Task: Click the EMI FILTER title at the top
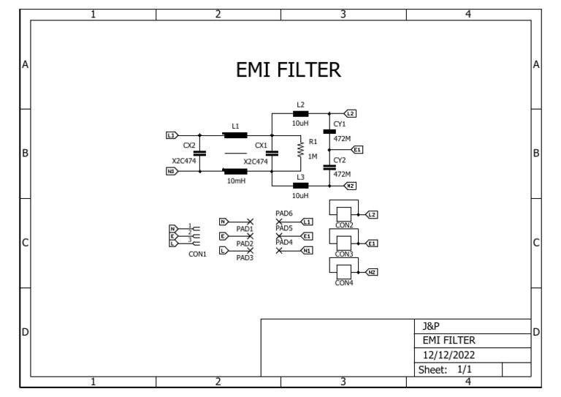[x=288, y=69]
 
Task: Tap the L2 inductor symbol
[x=300, y=114]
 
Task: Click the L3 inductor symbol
[x=300, y=186]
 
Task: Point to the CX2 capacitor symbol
[x=199, y=154]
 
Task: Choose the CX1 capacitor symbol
[x=272, y=154]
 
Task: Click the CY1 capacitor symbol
[x=329, y=132]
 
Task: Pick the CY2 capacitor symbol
[x=329, y=167]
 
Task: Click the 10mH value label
[x=235, y=180]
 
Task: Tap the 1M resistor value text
[x=313, y=157]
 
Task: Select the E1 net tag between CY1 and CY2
[x=357, y=149]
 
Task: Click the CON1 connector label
[x=197, y=254]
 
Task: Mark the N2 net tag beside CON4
[x=371, y=272]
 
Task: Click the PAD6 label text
[x=284, y=213]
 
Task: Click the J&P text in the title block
[x=431, y=325]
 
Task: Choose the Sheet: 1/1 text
[x=447, y=370]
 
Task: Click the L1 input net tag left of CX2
[x=172, y=135]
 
